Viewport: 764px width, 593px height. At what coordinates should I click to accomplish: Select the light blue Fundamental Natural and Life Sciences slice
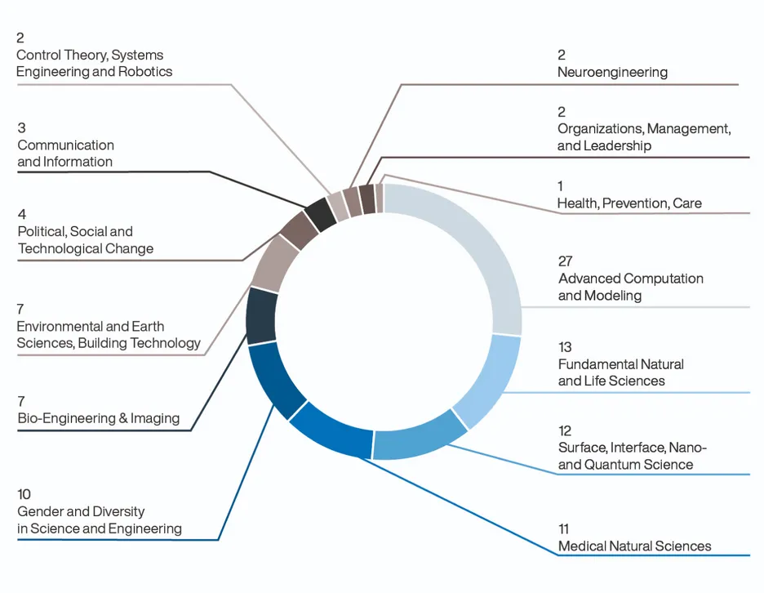tap(491, 381)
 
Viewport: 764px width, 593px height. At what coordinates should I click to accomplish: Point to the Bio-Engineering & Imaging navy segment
tap(261, 316)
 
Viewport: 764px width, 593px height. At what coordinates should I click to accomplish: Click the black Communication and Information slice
tap(321, 215)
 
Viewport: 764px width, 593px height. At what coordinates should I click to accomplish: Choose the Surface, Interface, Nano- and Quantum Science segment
tap(419, 436)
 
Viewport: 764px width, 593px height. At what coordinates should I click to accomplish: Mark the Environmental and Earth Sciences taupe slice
tap(275, 263)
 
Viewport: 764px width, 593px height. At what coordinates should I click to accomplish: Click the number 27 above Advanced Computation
tap(565, 261)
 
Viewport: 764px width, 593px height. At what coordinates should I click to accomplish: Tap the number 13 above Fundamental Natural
tap(565, 347)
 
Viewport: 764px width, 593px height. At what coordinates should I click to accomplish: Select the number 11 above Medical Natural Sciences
tap(563, 529)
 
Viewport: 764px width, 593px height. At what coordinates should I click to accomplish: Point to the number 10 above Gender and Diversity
tap(24, 494)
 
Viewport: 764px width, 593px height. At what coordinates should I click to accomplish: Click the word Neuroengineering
tap(612, 72)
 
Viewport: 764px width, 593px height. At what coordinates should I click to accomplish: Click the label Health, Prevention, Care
tap(629, 203)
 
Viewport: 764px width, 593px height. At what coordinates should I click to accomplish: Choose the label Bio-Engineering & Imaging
tap(99, 418)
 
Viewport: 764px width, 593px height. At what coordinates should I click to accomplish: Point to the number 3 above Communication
tap(21, 127)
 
